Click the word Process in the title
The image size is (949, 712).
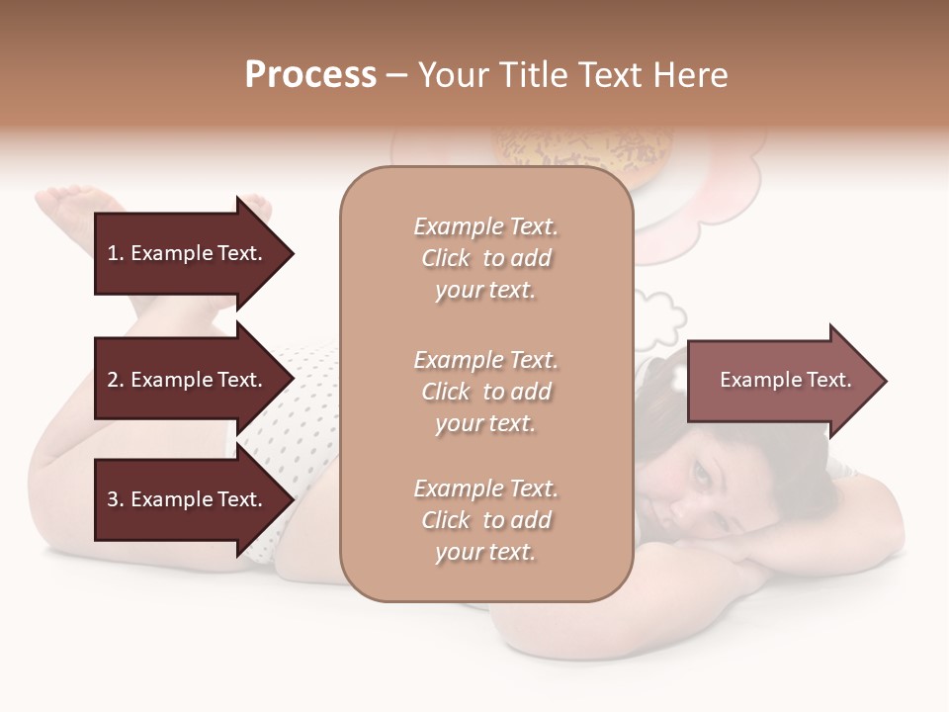click(x=310, y=74)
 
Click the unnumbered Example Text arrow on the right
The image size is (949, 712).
click(x=786, y=380)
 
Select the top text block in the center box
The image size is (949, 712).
click(x=485, y=258)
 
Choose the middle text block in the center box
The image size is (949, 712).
click(x=485, y=392)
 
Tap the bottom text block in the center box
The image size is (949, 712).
click(x=485, y=520)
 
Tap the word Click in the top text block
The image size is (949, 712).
click(x=445, y=258)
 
